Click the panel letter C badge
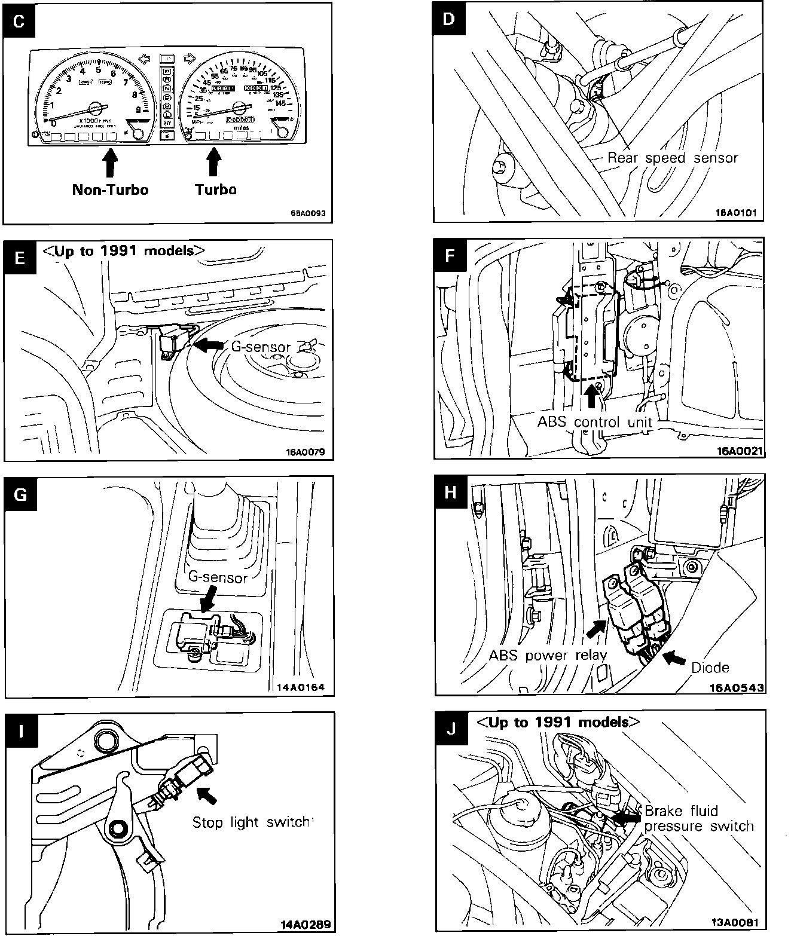pyautogui.click(x=19, y=22)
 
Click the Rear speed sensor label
pyautogui.click(x=672, y=158)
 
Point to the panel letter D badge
pyautogui.click(x=450, y=19)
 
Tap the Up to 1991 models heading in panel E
pyautogui.click(x=124, y=250)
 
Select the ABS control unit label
pyautogui.click(x=595, y=422)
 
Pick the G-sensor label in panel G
pyautogui.click(x=218, y=577)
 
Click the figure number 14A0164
pyautogui.click(x=300, y=687)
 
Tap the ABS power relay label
pyautogui.click(x=548, y=655)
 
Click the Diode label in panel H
pyautogui.click(x=710, y=667)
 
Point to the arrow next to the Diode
pyautogui.click(x=674, y=658)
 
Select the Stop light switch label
pyautogui.click(x=251, y=822)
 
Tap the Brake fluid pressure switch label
pyautogui.click(x=698, y=819)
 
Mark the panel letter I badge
pyautogui.click(x=22, y=731)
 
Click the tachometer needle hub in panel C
pyautogui.click(x=95, y=108)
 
